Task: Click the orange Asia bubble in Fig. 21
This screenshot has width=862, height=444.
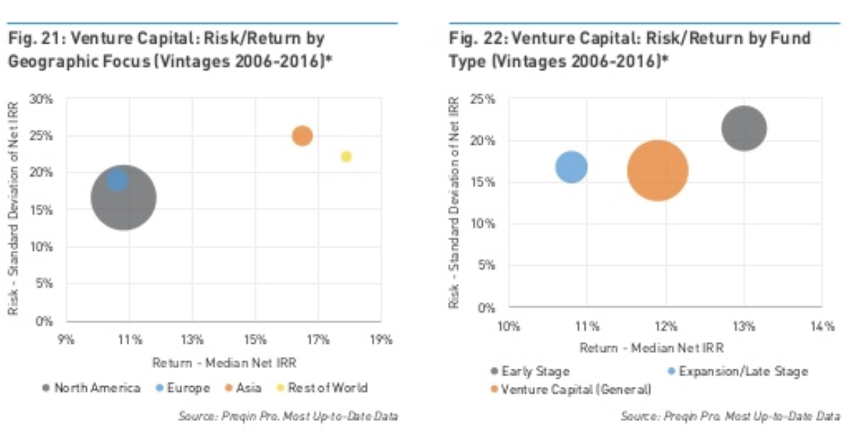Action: point(303,136)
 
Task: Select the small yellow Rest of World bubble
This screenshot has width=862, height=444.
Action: point(346,157)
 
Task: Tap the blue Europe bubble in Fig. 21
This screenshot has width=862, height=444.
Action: point(118,180)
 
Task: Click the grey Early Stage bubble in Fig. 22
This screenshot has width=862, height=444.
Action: point(744,128)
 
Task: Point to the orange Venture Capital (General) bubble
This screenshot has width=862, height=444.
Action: point(658,170)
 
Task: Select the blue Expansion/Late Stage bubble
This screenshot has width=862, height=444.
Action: point(572,166)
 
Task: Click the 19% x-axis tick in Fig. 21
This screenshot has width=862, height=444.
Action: point(381,340)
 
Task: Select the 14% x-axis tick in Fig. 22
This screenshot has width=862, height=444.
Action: point(822,327)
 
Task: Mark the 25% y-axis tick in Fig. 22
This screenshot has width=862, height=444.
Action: point(485,100)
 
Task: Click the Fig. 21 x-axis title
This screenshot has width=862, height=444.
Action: point(224,363)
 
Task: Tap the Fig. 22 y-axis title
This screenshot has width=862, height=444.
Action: point(454,202)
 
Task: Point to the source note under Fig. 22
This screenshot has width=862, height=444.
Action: point(730,416)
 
